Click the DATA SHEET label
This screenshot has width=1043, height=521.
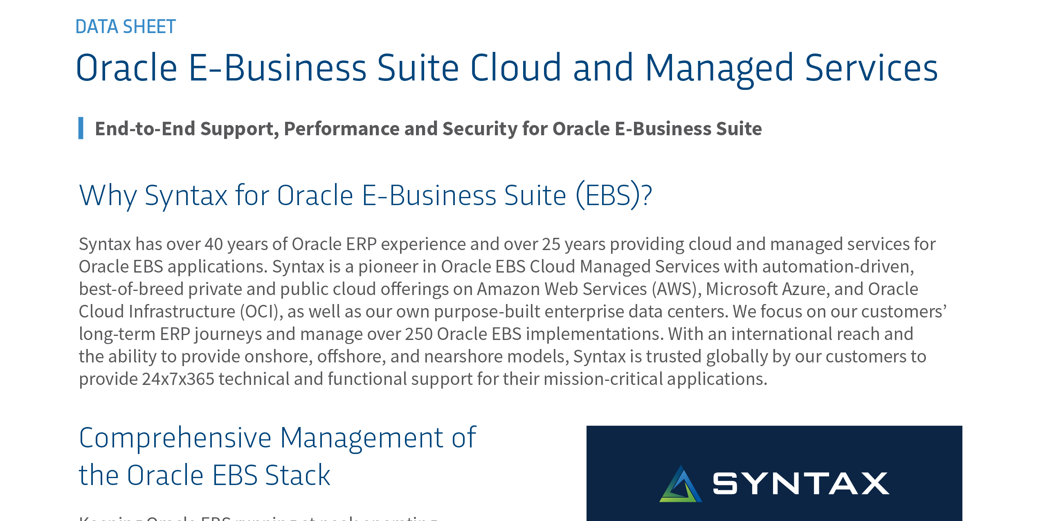click(x=126, y=27)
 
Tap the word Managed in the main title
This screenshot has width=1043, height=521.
click(x=719, y=68)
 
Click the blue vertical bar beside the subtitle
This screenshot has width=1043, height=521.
click(x=81, y=128)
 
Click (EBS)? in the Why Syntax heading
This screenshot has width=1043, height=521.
click(x=614, y=195)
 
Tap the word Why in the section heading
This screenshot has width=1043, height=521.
click(x=108, y=195)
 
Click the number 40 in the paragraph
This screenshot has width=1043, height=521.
click(x=214, y=244)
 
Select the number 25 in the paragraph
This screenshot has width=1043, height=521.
click(x=551, y=244)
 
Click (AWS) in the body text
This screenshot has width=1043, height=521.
click(x=674, y=289)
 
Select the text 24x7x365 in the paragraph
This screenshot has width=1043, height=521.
click(x=178, y=379)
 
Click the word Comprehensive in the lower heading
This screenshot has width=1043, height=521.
click(x=175, y=438)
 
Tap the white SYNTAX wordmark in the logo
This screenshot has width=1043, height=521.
click(x=800, y=483)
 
